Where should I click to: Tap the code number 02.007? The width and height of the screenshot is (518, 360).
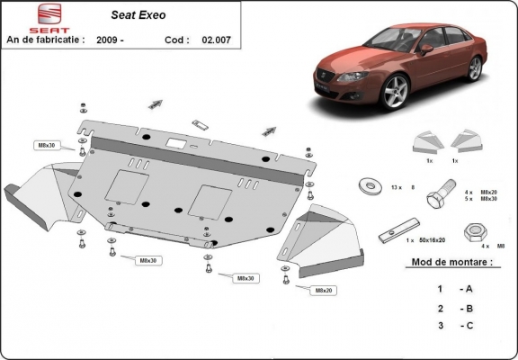(218, 40)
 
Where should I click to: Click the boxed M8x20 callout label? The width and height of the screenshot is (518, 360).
(323, 291)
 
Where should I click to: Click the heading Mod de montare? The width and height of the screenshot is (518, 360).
(451, 262)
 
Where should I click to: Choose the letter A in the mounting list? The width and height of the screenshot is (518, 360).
(468, 289)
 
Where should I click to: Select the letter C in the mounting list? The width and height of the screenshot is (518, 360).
(468, 327)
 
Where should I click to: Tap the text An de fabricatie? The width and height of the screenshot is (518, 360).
(45, 40)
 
